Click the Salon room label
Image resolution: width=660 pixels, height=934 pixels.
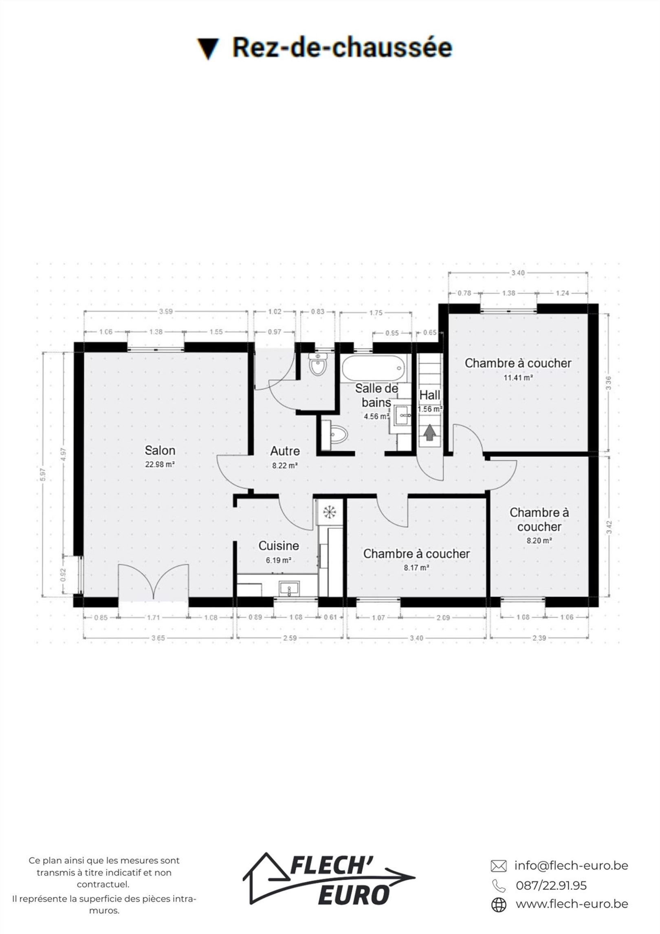(160, 450)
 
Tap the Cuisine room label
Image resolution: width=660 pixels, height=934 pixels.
(279, 546)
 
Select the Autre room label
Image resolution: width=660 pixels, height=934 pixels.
(285, 451)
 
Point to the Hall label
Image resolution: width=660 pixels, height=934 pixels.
(430, 395)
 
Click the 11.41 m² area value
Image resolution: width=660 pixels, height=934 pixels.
(518, 377)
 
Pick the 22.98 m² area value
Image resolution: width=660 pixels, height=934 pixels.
(160, 464)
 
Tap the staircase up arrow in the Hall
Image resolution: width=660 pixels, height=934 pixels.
(429, 432)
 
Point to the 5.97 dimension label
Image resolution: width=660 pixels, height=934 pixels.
(43, 474)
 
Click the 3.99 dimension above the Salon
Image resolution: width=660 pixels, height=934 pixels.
(166, 312)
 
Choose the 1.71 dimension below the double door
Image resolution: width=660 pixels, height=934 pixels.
(153, 617)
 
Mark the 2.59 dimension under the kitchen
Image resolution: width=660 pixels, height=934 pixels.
(290, 638)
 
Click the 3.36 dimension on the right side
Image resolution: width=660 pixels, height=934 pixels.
(609, 383)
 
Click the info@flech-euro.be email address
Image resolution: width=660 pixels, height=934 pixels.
(571, 865)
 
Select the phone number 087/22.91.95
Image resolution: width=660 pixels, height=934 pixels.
(551, 885)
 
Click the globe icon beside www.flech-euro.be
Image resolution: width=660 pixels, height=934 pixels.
(499, 905)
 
